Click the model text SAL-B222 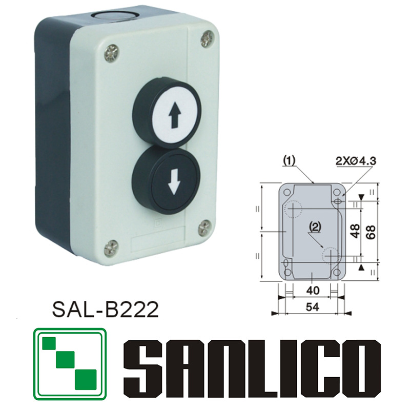(x=104, y=310)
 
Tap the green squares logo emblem (x=69, y=364)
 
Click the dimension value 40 (x=312, y=291)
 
